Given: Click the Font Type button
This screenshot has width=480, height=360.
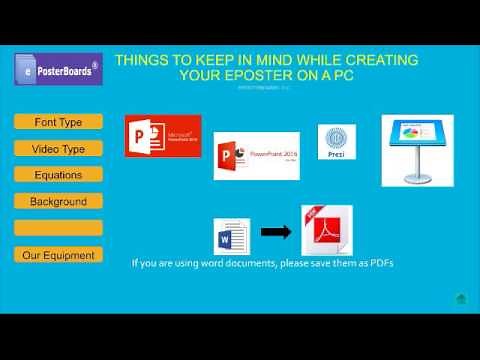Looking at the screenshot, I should [59, 122].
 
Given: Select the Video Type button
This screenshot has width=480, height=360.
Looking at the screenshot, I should [59, 149].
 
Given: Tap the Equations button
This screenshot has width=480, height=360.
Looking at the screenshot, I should [59, 175].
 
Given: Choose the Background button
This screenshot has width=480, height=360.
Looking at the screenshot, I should [59, 201].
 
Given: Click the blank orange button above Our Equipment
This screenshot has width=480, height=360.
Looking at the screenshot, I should [59, 228].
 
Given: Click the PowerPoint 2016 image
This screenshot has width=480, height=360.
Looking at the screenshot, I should [257, 156].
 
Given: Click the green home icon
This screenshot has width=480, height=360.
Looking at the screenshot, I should [461, 298].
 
